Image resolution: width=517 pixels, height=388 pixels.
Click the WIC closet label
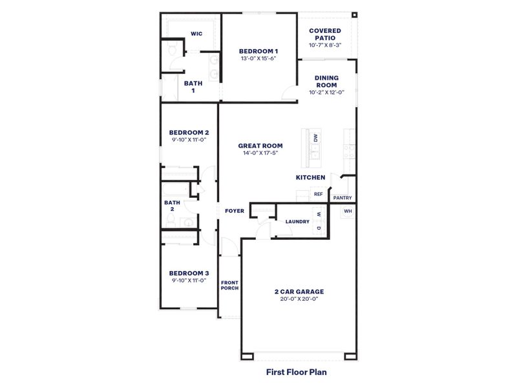tap(196, 34)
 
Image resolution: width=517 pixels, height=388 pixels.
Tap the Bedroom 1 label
tap(258, 51)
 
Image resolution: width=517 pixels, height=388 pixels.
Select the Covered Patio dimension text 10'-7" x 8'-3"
tap(326, 45)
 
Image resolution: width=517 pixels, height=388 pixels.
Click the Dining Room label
tap(326, 81)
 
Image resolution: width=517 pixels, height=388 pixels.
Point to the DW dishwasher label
tap(316, 138)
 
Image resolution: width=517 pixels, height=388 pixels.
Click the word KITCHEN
tap(310, 177)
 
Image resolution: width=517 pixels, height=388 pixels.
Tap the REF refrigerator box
tap(318, 194)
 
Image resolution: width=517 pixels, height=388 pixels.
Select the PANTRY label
tap(343, 198)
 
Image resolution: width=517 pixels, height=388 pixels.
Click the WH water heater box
tap(348, 211)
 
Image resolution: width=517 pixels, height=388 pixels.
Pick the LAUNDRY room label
tap(297, 222)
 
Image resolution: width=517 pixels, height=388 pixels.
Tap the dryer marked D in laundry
tap(319, 228)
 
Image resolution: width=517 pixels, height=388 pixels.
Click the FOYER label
tap(234, 211)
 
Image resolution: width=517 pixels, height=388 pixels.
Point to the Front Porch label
tap(229, 285)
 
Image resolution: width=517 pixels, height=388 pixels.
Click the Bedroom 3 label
tap(189, 273)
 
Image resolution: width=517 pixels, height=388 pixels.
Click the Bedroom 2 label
tap(189, 131)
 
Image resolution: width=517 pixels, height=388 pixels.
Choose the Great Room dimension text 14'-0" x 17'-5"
tap(260, 153)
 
